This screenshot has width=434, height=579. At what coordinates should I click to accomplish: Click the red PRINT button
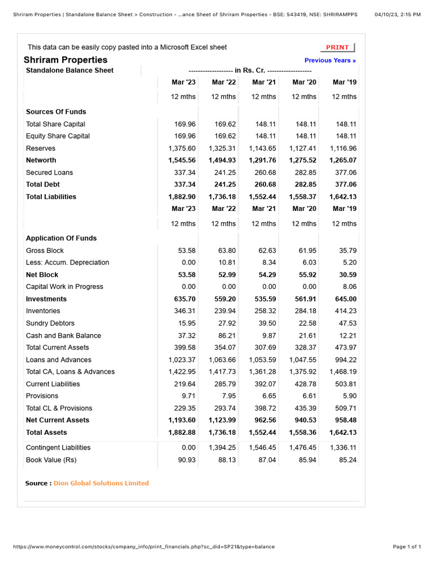(x=338, y=47)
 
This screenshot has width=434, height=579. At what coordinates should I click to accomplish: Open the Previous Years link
(x=330, y=61)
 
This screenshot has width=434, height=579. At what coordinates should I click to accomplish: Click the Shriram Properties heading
(x=66, y=60)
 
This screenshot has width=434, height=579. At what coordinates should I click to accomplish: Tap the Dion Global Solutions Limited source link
(x=101, y=483)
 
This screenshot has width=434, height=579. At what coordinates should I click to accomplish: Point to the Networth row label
(x=41, y=160)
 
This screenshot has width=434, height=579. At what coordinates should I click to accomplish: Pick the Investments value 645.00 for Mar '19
(x=345, y=299)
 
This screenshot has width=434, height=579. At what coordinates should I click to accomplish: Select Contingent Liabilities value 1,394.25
(x=222, y=447)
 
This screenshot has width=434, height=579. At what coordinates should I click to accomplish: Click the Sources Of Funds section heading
(x=56, y=112)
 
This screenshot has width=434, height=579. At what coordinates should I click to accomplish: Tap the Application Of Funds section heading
(x=61, y=238)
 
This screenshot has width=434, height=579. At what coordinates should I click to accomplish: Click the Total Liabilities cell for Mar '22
(x=222, y=197)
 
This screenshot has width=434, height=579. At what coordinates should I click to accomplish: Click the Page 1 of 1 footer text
(x=407, y=547)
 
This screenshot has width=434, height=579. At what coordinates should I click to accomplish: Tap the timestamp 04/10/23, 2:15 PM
(x=397, y=14)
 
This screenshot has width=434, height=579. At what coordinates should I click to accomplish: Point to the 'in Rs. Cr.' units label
(x=250, y=71)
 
